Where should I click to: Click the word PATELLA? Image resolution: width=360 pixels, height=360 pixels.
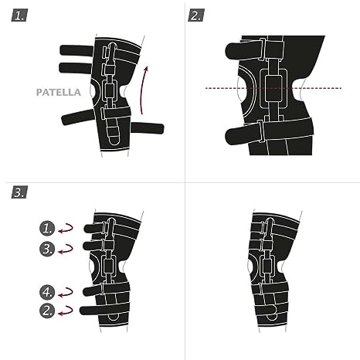coord(59,92)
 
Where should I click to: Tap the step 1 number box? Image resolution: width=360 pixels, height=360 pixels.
coord(19,15)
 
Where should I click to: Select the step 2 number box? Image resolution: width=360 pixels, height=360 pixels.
coord(196,15)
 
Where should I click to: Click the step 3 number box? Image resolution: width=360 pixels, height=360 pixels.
coord(19,192)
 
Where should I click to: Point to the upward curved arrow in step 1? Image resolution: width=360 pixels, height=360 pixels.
coord(143,90)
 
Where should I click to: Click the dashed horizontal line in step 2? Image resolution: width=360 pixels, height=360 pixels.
coord(273,88)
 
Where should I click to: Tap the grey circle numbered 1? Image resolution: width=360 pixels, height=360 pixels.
coord(47,228)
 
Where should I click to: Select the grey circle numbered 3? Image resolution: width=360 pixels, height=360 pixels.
coord(47,249)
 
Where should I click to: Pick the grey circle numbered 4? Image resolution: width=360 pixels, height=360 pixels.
coord(47,292)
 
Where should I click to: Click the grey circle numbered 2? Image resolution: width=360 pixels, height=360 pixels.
coord(47,311)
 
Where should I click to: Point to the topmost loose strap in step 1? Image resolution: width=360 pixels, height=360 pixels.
coord(76,50)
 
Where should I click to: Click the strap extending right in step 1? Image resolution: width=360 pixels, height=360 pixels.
coord(148,128)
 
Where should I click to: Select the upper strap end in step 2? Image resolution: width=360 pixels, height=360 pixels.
coord(244,49)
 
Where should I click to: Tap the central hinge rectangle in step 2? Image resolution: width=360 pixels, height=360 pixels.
coord(274,89)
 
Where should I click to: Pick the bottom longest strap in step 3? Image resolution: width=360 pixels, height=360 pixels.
coord(104,310)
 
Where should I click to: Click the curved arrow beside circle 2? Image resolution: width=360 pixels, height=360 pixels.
coord(66,311)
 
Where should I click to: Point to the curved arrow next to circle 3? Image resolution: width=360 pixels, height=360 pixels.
coord(66,250)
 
